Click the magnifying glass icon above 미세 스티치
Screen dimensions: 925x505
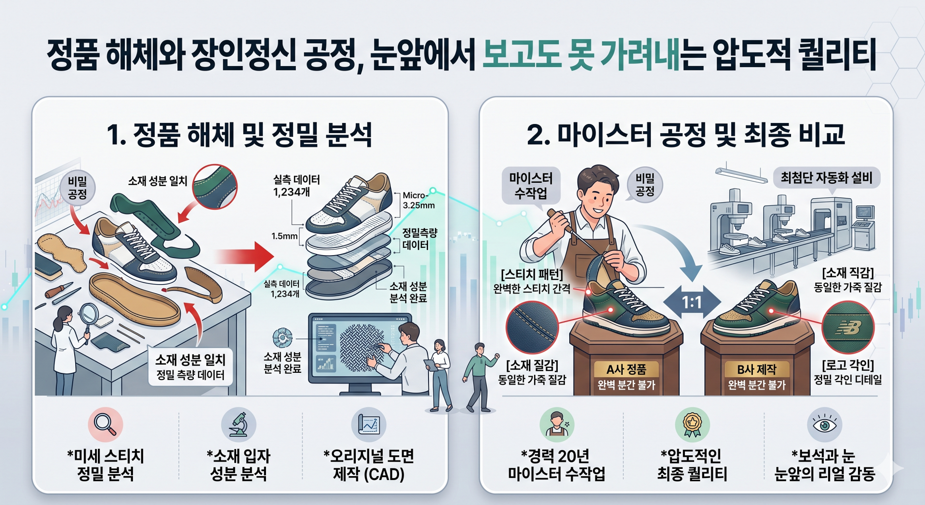(x=106, y=424)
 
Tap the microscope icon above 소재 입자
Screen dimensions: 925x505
(x=239, y=424)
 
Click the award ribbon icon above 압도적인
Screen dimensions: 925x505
(x=692, y=424)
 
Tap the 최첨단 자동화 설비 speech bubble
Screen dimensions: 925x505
(x=827, y=178)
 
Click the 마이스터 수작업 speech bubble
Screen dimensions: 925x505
(x=531, y=185)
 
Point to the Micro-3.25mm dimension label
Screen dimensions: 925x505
(x=419, y=200)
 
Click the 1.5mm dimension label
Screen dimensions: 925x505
(x=284, y=236)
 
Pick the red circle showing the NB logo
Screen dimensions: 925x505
(x=848, y=328)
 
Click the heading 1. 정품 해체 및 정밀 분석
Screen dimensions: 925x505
(x=240, y=135)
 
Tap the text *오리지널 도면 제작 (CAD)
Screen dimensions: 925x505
(x=369, y=465)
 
